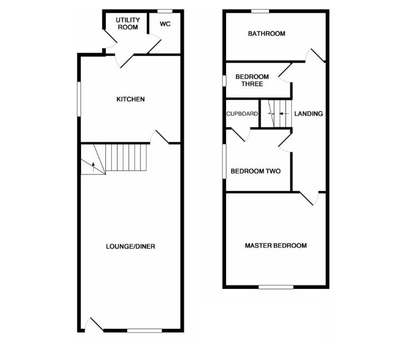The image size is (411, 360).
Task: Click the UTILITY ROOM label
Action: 128,24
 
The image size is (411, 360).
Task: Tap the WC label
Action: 165,24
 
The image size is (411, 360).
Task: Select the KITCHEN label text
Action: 130,99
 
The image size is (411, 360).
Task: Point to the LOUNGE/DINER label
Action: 130,247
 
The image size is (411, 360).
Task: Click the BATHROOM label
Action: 266,34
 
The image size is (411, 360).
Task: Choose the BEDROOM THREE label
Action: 252,80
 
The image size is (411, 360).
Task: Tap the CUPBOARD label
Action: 242,114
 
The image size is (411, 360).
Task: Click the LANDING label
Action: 308,113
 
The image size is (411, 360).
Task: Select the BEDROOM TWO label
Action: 255,171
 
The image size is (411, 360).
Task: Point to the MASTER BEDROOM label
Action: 275,245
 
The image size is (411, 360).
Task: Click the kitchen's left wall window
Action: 79,98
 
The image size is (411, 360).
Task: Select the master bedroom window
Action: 276,287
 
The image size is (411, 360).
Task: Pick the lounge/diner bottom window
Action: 145,331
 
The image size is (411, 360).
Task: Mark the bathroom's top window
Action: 260,11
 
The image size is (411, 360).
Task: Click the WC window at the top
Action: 165,11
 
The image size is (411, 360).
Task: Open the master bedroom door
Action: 308,198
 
